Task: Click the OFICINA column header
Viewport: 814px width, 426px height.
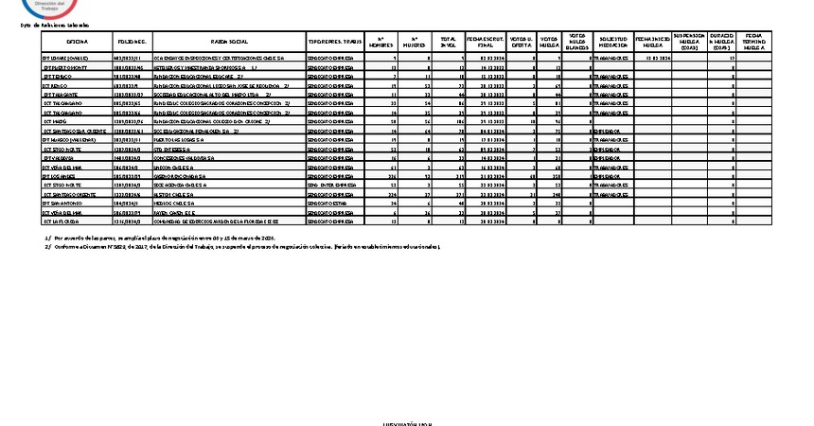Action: coord(77,43)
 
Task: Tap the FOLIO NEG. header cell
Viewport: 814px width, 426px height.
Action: coord(132,43)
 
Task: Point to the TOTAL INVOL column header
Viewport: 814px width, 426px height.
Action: coord(448,43)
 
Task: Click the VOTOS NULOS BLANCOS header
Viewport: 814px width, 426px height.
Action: coord(577,43)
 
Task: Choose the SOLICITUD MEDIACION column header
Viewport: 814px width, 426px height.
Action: coord(613,43)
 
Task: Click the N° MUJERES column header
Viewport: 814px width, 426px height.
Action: coord(415,43)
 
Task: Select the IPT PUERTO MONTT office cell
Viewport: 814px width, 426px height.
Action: coord(65,68)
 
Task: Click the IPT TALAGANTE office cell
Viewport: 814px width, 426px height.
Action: coord(63,95)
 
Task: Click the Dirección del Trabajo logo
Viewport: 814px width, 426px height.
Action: coord(57,7)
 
